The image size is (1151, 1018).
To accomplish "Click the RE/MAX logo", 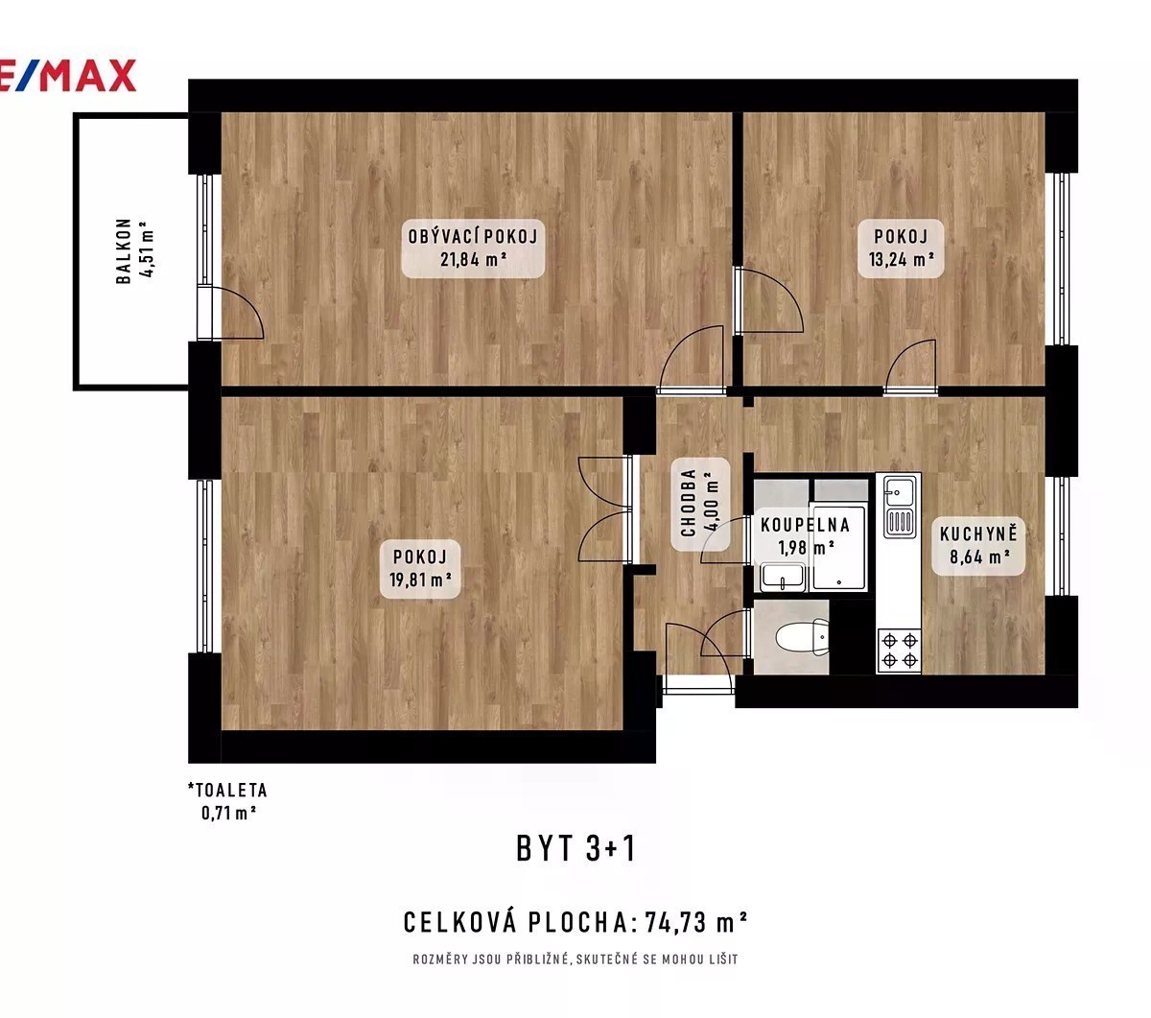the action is [x=67, y=76].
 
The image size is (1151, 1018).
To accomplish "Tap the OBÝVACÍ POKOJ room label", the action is [x=472, y=236].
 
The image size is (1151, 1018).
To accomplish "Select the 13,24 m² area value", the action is [x=901, y=259].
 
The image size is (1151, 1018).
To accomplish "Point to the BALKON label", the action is [x=124, y=250].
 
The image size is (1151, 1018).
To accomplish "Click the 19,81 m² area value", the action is [x=420, y=580].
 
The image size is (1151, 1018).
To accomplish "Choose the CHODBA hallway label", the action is [x=689, y=503].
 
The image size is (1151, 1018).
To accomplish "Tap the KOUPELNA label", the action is [x=805, y=525].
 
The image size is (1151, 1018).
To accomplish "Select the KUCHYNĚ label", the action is [x=977, y=533].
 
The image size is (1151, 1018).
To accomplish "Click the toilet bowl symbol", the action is [x=802, y=638].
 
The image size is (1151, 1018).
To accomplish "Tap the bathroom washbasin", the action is [x=783, y=577].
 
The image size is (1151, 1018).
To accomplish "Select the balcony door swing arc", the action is [x=248, y=305].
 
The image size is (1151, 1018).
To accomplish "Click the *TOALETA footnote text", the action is [x=227, y=790].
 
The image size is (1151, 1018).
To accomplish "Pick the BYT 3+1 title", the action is [x=575, y=848].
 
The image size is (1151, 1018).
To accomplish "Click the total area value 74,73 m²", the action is [x=696, y=922].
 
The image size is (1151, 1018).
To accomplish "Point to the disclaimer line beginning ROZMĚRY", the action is [x=575, y=959].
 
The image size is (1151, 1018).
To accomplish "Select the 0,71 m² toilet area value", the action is [x=228, y=813].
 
